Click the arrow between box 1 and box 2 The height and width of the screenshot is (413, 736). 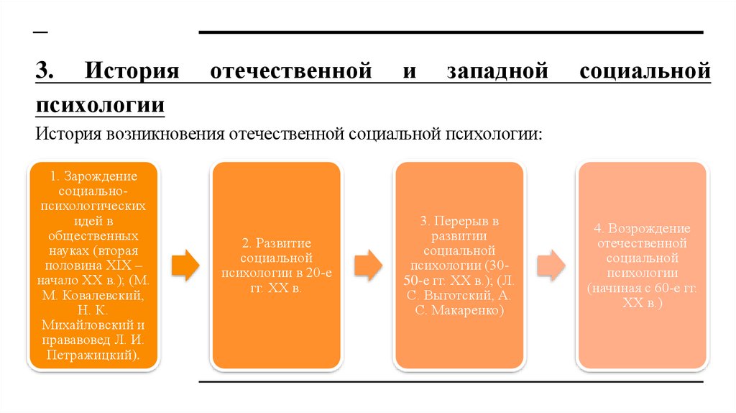[185, 265]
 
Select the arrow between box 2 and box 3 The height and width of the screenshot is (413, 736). [369, 265]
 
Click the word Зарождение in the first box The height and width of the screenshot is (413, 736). [99, 176]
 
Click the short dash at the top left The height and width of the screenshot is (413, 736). [40, 32]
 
